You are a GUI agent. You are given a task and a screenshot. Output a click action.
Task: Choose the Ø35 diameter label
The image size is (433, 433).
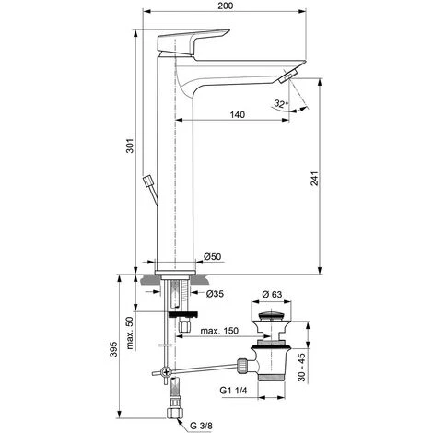pyautogui.click(x=214, y=295)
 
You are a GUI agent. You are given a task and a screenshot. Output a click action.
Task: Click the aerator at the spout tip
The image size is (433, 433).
pyautogui.click(x=289, y=76)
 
